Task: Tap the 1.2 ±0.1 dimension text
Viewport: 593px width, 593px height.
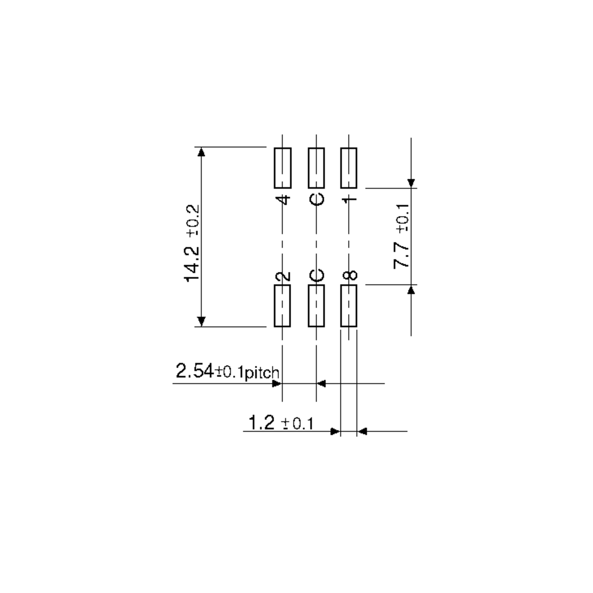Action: coord(281,423)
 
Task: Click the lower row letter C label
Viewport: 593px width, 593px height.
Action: coord(317,275)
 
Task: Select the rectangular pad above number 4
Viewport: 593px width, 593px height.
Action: coord(283,168)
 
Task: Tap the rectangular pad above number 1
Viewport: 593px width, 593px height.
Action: coord(349,168)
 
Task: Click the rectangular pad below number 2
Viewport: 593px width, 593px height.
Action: coord(282,306)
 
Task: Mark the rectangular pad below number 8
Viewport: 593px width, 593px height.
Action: coord(349,306)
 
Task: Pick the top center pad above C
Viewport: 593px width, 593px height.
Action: coord(317,168)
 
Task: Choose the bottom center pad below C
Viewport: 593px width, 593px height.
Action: coord(317,306)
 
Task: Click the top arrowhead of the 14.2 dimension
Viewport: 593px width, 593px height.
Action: coord(201,152)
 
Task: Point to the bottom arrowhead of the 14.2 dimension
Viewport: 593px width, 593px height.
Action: coord(201,321)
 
